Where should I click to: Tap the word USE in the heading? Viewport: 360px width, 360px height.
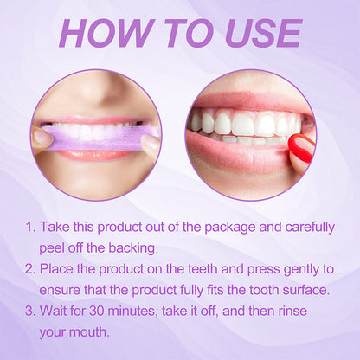260,33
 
